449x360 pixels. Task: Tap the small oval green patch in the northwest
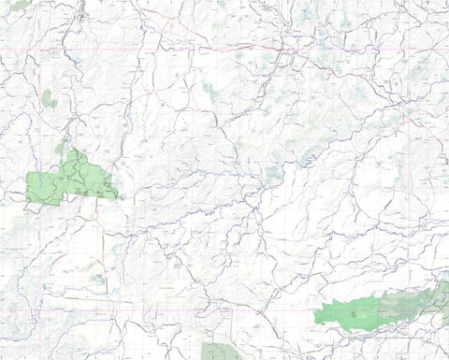pyautogui.click(x=49, y=98)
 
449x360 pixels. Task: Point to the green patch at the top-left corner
pyautogui.click(x=19, y=5)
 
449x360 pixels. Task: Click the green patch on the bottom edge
pyautogui.click(x=221, y=353)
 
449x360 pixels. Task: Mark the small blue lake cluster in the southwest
pyautogui.click(x=97, y=278)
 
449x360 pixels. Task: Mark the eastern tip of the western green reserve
pyautogui.click(x=118, y=195)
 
